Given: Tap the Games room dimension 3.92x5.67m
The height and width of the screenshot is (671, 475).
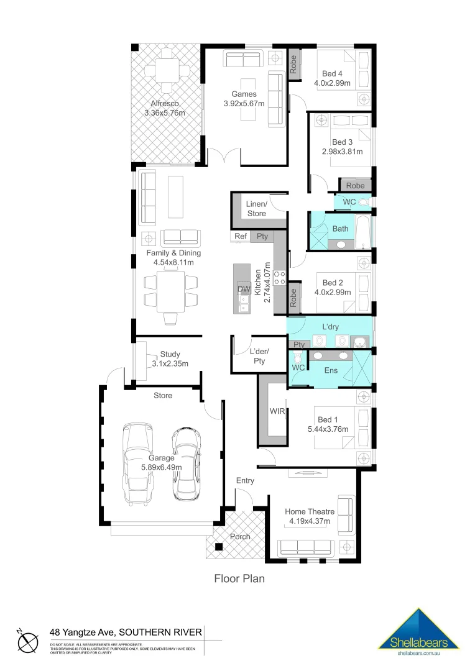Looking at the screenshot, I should coord(244,104).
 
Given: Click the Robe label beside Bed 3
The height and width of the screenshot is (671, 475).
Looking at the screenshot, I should coord(355,185).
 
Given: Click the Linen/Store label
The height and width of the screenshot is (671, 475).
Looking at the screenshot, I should coord(257,209).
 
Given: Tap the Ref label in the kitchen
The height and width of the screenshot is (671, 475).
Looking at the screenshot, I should coord(241,236).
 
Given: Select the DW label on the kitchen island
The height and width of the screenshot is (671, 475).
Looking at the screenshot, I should coord(242,290).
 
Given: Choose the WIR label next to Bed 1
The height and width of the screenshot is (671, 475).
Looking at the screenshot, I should coord(276,411).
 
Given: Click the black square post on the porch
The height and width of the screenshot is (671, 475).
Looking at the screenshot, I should coord(219,547).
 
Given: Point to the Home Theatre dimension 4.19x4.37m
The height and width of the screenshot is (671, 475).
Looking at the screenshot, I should coord(310,521).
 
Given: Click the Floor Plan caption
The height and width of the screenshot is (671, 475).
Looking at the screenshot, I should coord(239,579).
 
